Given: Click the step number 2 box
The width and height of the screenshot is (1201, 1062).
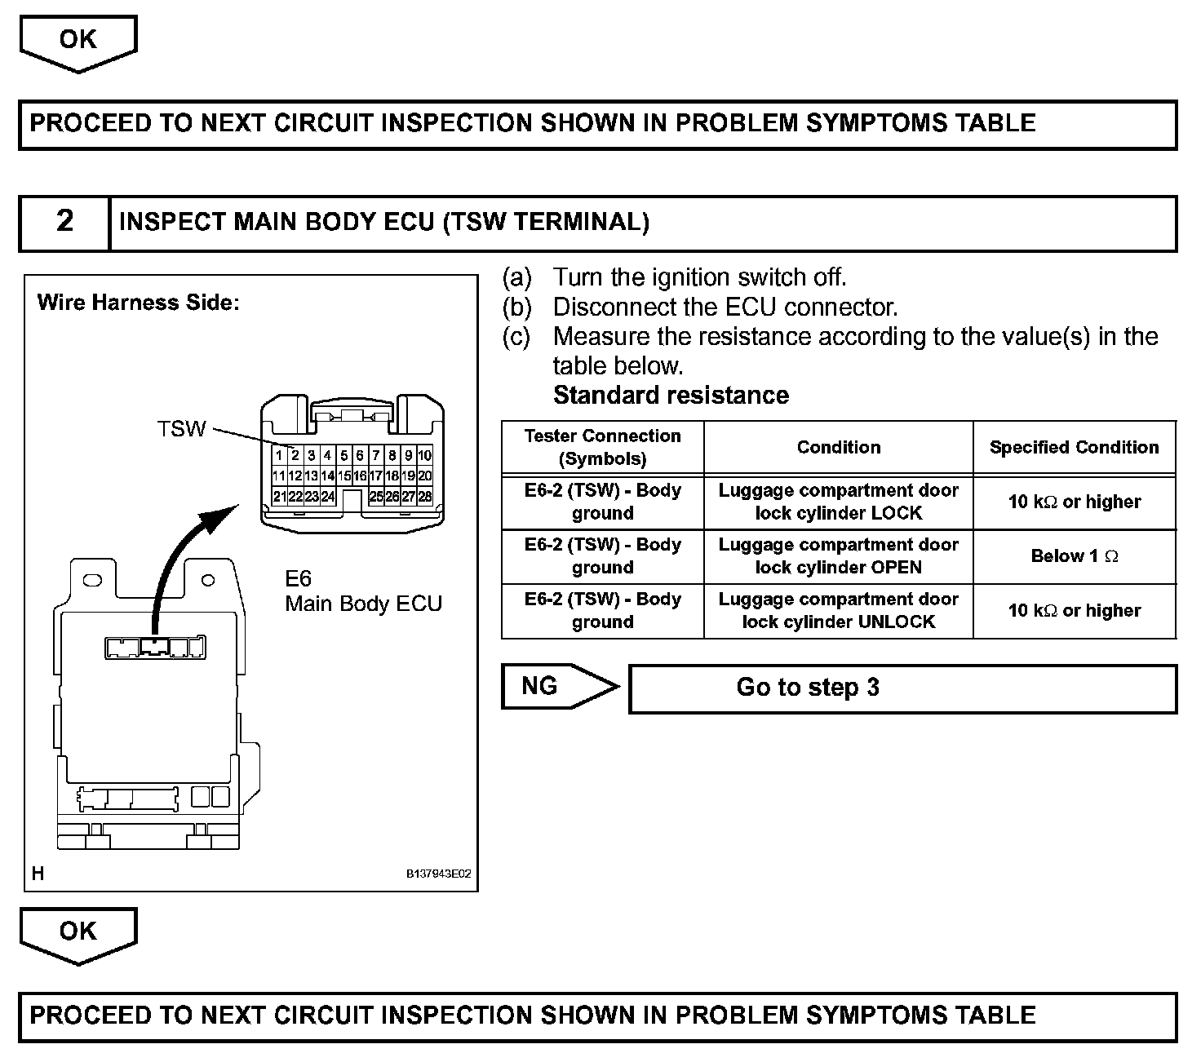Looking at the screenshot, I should (64, 222).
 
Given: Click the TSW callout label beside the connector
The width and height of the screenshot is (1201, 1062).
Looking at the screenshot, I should (181, 429).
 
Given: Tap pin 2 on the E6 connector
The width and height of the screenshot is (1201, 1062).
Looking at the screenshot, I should (295, 455).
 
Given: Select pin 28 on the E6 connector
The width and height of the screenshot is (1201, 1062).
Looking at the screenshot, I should (424, 496).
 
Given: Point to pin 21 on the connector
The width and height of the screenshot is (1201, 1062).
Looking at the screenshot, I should (279, 496).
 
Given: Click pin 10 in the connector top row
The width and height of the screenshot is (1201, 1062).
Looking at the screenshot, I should (424, 455).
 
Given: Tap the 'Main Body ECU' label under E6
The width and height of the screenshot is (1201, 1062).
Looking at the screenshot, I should (363, 604).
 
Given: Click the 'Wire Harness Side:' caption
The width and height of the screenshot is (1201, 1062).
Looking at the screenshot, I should (139, 303).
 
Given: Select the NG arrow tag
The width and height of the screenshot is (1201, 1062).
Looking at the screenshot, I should (555, 686).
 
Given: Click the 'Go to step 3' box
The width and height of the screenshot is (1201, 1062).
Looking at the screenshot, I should (902, 688).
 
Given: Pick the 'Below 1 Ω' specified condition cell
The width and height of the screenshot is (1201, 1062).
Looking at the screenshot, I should (1075, 556).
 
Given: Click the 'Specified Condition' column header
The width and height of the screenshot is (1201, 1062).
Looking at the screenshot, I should (1074, 447).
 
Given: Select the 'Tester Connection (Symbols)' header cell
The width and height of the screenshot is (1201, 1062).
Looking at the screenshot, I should (602, 447).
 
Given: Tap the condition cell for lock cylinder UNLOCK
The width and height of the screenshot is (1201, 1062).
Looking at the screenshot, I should (838, 610).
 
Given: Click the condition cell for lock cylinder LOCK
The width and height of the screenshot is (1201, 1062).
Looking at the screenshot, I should (838, 502).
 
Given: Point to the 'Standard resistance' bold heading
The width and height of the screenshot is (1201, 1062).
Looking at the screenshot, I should (671, 396).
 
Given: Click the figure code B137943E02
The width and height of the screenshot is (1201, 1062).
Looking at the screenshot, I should (439, 874).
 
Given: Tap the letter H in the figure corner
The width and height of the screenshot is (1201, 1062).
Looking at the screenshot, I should (38, 874).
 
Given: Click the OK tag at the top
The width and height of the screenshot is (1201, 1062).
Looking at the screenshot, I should (78, 41).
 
